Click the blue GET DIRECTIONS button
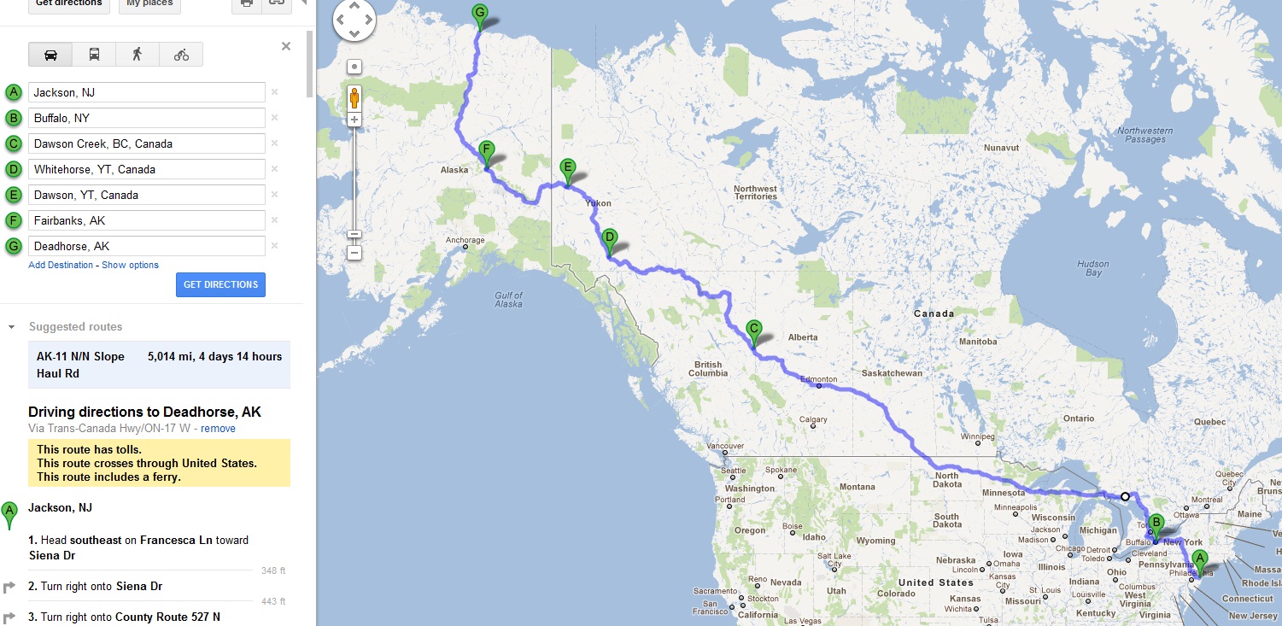220,284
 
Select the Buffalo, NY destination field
147,118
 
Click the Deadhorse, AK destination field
147,246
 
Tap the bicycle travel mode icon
181,55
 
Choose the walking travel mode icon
138,55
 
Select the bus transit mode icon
94,55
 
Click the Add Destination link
61,265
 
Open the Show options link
130,265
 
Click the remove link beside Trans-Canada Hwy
218,428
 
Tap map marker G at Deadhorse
479,14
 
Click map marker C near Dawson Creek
753,330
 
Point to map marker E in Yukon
566,169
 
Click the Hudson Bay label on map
1092,268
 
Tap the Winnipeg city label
978,436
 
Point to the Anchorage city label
465,241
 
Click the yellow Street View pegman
354,98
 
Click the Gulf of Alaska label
508,299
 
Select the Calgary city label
812,419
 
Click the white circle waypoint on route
1125,496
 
